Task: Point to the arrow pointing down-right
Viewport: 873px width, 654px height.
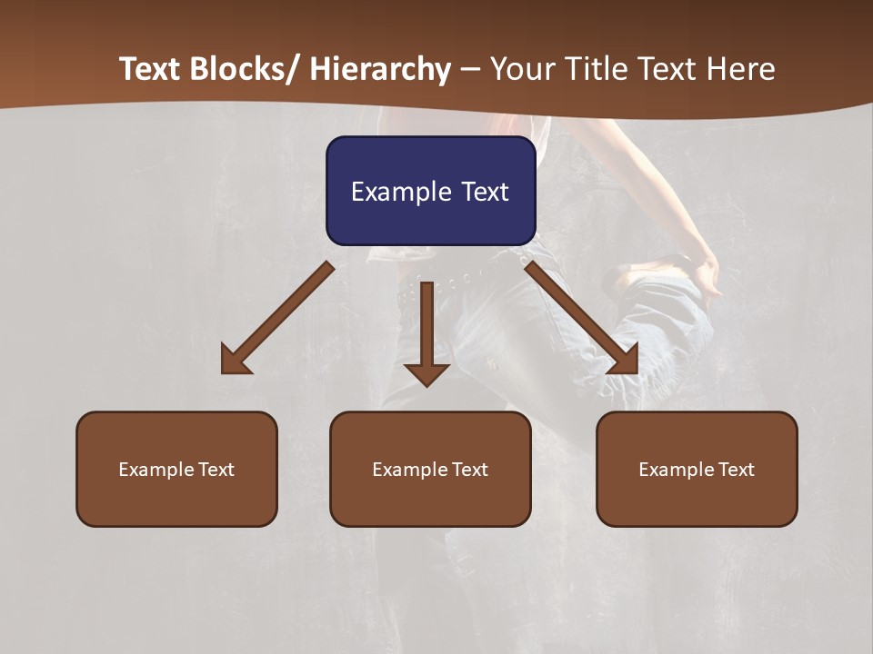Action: tap(582, 318)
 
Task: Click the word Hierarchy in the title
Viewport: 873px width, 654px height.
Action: tap(381, 70)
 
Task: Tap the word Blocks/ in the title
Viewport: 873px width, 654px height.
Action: tap(243, 70)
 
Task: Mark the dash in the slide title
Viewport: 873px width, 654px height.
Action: tap(470, 70)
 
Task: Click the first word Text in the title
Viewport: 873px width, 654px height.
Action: tap(151, 70)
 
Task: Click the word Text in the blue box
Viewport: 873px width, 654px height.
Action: tap(485, 192)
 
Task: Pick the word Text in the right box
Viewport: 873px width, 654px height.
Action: tap(735, 470)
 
